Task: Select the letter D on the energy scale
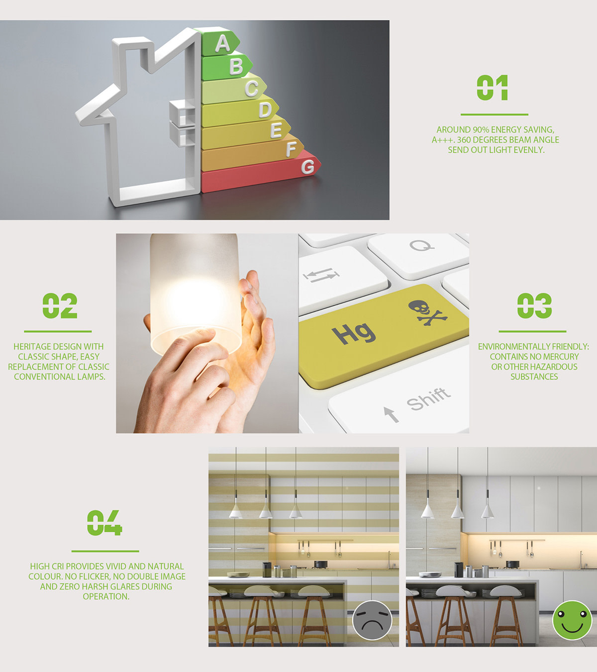pos(265,109)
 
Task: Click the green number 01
pos(493,88)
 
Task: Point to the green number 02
pos(60,305)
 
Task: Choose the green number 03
pos(534,305)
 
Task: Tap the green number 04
pos(104,523)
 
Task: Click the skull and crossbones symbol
pos(428,312)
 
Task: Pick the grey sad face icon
pos(372,620)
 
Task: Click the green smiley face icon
pos(572,620)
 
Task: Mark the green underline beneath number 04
pos(105,551)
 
